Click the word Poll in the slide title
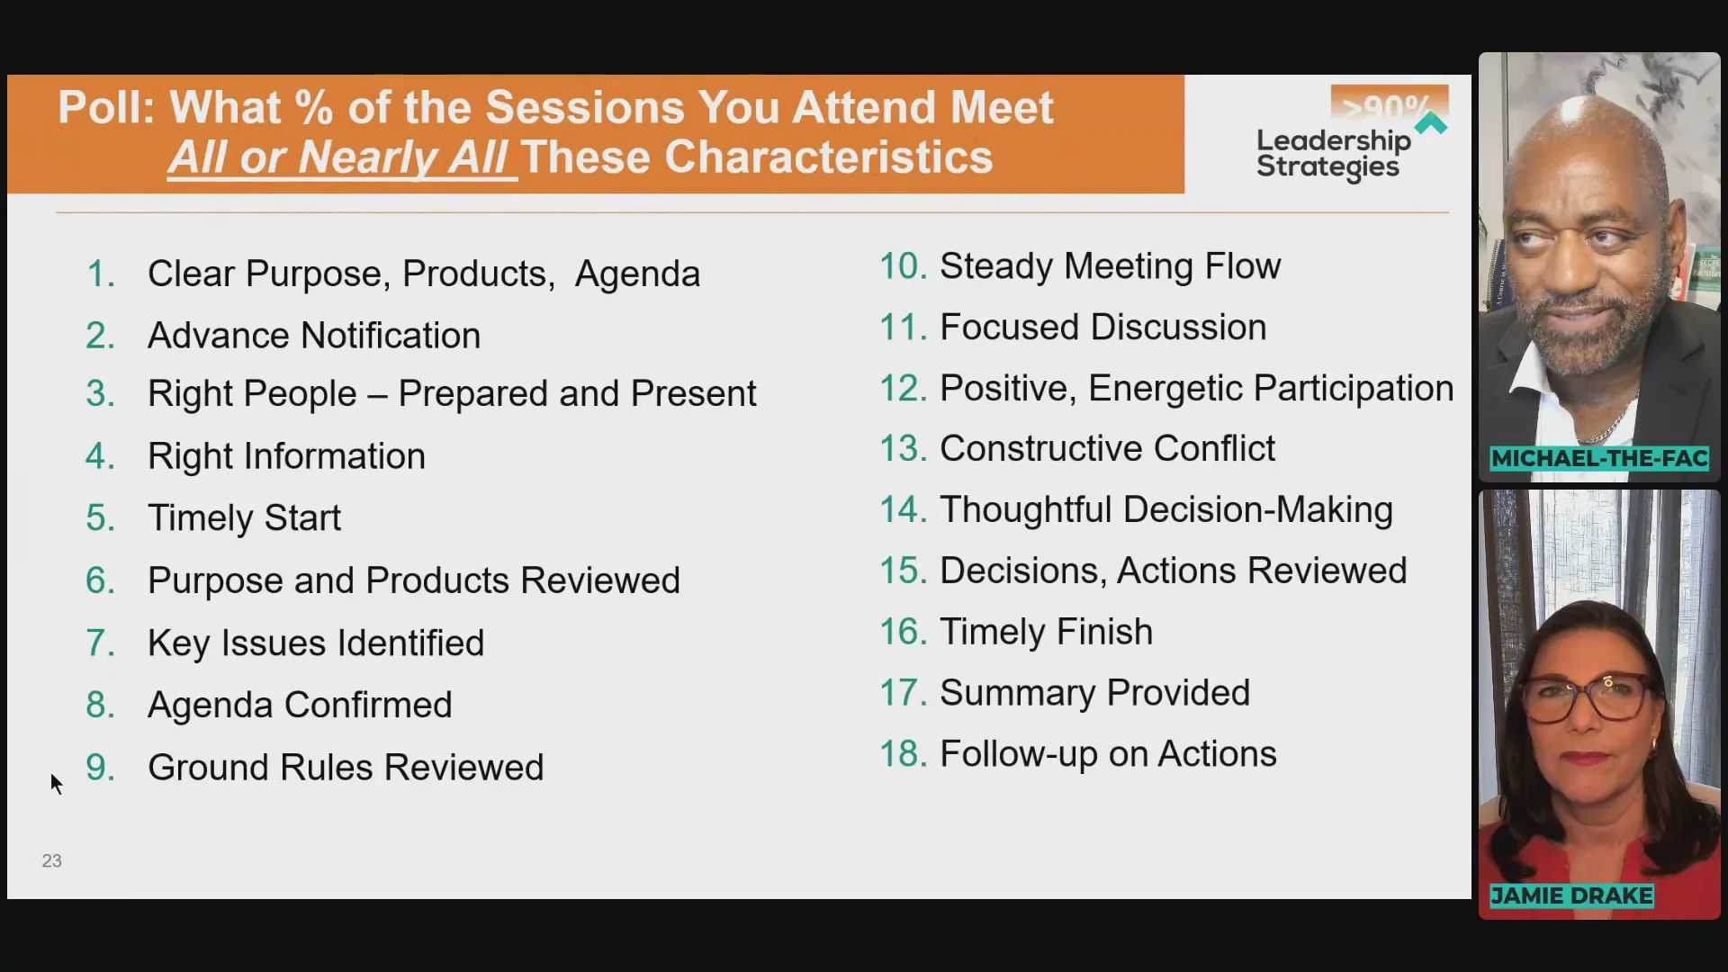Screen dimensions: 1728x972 click(x=106, y=108)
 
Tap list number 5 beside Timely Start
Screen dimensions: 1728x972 click(x=100, y=517)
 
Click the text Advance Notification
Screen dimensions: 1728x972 click(x=314, y=336)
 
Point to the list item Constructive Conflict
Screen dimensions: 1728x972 click(x=1107, y=448)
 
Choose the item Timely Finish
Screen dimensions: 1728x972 click(x=1046, y=632)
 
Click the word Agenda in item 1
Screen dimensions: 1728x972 click(x=637, y=274)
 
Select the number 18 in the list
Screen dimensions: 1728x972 click(x=903, y=754)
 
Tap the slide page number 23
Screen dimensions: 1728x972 click(x=52, y=861)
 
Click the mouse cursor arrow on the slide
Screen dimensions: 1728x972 click(x=56, y=783)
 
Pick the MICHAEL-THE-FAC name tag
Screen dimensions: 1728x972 click(x=1599, y=459)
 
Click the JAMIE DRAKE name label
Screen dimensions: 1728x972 click(x=1571, y=896)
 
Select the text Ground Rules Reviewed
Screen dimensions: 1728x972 click(x=346, y=768)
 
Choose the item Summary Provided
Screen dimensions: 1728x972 click(x=1094, y=693)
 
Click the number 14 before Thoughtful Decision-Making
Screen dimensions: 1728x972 click(x=903, y=510)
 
